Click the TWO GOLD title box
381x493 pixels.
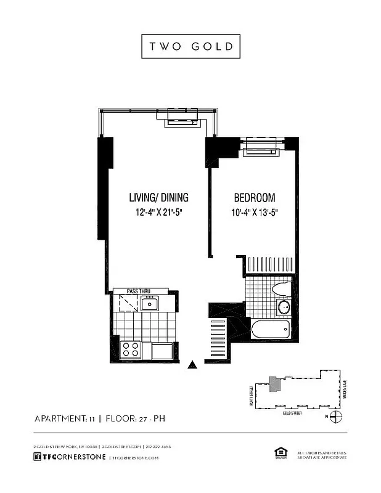[190, 47]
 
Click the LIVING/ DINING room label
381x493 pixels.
[158, 198]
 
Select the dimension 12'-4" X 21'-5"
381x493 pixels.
[158, 213]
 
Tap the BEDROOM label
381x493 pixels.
[254, 198]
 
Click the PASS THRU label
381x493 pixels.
[139, 291]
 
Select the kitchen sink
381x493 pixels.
[149, 303]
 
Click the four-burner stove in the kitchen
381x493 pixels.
[130, 349]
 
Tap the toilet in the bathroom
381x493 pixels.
[281, 288]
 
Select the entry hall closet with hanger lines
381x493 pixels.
[219, 336]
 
